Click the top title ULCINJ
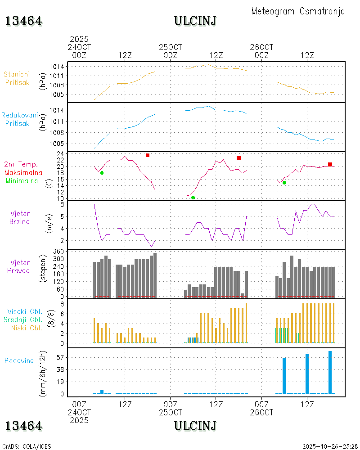pos(195,21)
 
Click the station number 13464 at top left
pos(24,21)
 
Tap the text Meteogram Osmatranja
pos(298,11)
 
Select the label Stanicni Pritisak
pos(17,78)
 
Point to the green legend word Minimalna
pos(22,181)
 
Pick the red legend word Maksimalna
pos(23,172)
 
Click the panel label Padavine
pos(19,360)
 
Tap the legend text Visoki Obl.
pos(25,311)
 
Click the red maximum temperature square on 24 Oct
pos(148,155)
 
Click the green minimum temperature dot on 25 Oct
pos(193,198)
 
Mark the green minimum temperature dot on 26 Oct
pos(284,183)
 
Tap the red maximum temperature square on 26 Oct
pos(330,164)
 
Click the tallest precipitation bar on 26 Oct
pos(330,372)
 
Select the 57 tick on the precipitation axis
pos(62,357)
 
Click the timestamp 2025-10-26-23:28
pos(330,446)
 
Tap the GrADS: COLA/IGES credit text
pos(27,446)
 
